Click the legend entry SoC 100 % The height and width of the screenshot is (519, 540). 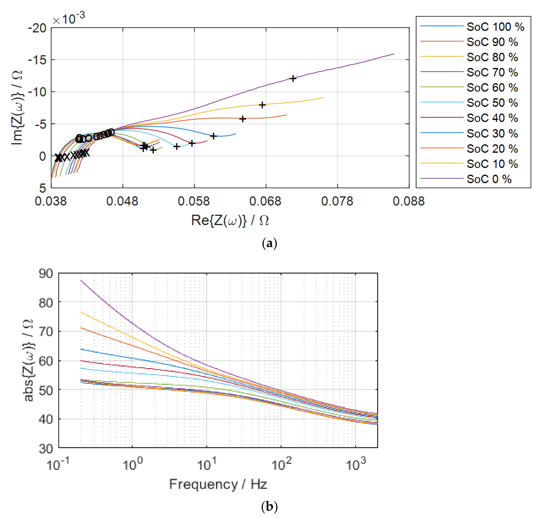(495, 27)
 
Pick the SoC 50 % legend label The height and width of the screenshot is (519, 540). (492, 103)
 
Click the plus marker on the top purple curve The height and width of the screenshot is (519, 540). (293, 79)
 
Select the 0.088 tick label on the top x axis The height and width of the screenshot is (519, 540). (409, 201)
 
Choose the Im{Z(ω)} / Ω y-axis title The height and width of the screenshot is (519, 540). (17, 108)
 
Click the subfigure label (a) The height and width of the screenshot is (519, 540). (270, 243)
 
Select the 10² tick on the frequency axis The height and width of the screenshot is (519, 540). (281, 464)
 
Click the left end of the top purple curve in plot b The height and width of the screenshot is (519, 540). (81, 281)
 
